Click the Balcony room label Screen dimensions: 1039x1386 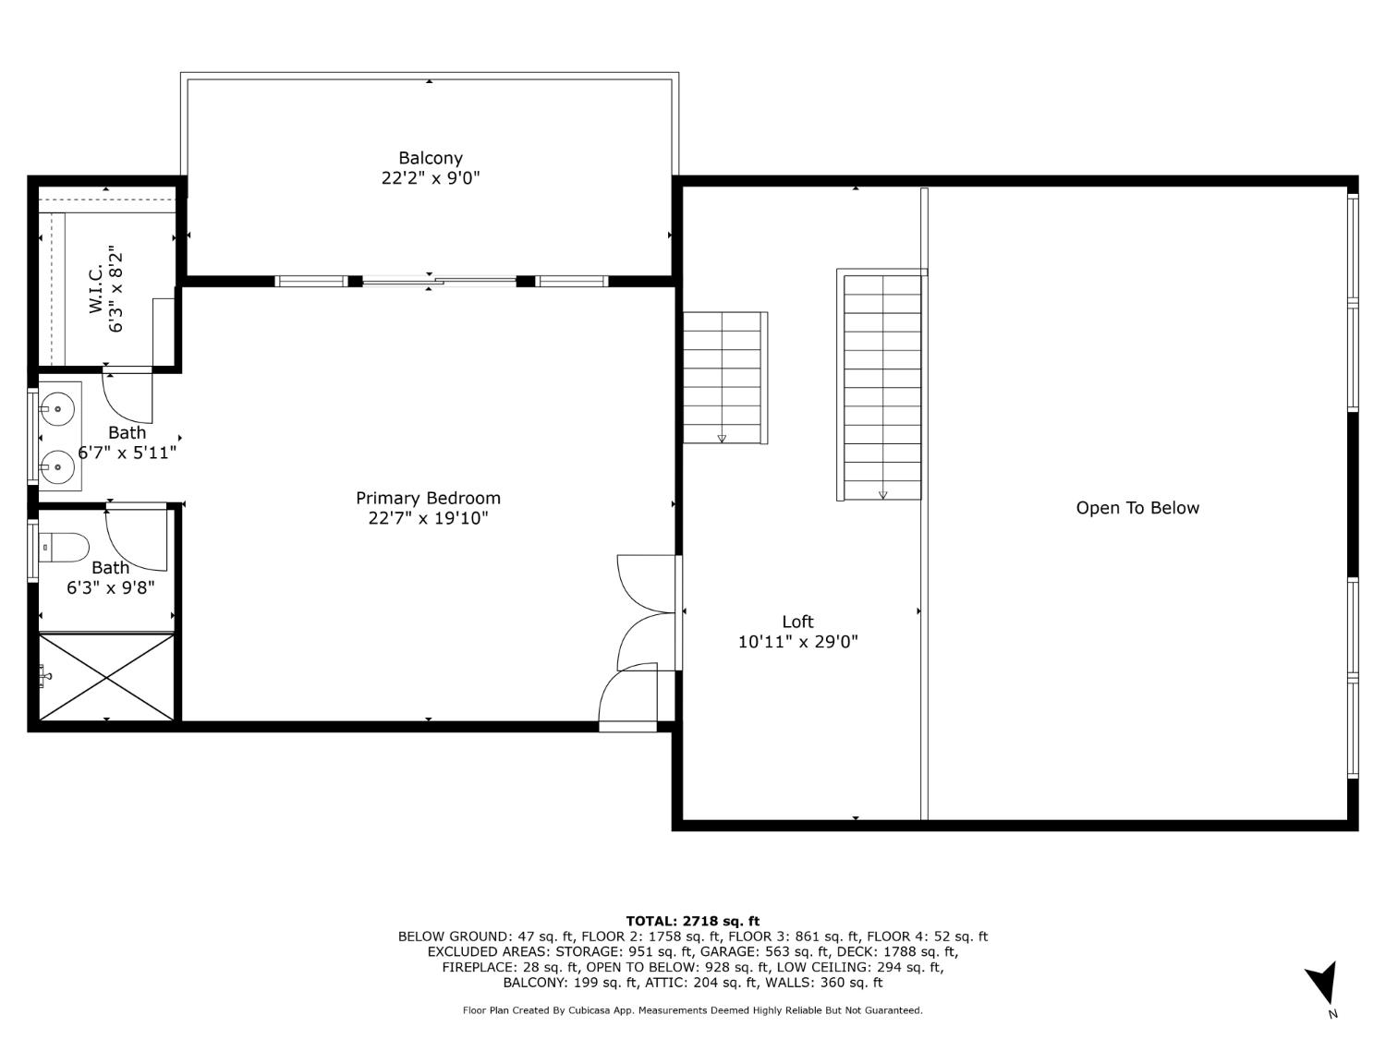click(x=431, y=158)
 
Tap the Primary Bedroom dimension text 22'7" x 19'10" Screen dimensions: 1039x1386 click(x=428, y=518)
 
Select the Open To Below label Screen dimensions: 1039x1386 click(x=1137, y=508)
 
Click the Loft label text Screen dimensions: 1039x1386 click(x=797, y=622)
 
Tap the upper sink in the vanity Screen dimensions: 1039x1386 click(x=59, y=406)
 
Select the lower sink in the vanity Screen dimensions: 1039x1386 click(x=59, y=467)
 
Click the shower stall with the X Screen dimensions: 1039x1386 click(x=106, y=677)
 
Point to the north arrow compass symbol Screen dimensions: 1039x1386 click(x=1323, y=985)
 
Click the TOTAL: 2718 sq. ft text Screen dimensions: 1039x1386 click(x=692, y=921)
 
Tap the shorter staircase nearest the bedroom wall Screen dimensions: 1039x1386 click(x=723, y=377)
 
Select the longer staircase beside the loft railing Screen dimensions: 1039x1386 click(x=881, y=386)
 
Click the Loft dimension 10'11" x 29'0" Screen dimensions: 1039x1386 click(x=797, y=642)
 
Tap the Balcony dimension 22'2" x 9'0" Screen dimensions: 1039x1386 click(x=431, y=178)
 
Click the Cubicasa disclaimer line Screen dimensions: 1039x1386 click(x=692, y=1010)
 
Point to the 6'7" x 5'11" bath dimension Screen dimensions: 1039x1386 click(x=127, y=453)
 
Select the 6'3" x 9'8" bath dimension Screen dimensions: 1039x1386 click(x=110, y=587)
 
